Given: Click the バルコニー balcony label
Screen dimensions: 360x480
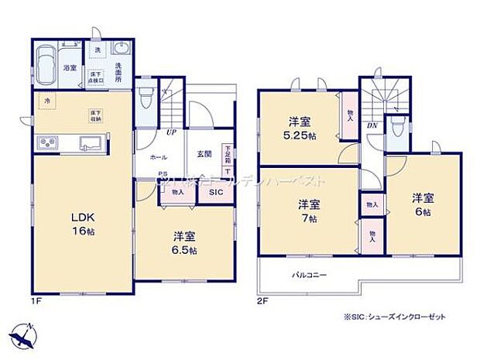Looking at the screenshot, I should (309, 275).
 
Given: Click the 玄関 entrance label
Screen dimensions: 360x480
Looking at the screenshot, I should (204, 153).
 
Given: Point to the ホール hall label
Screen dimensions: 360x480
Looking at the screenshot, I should (158, 157).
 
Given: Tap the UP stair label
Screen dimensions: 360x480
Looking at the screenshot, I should (170, 133).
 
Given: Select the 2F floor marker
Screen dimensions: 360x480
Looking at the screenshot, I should (263, 299).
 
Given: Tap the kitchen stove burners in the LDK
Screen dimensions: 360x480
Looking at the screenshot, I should (46, 143).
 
